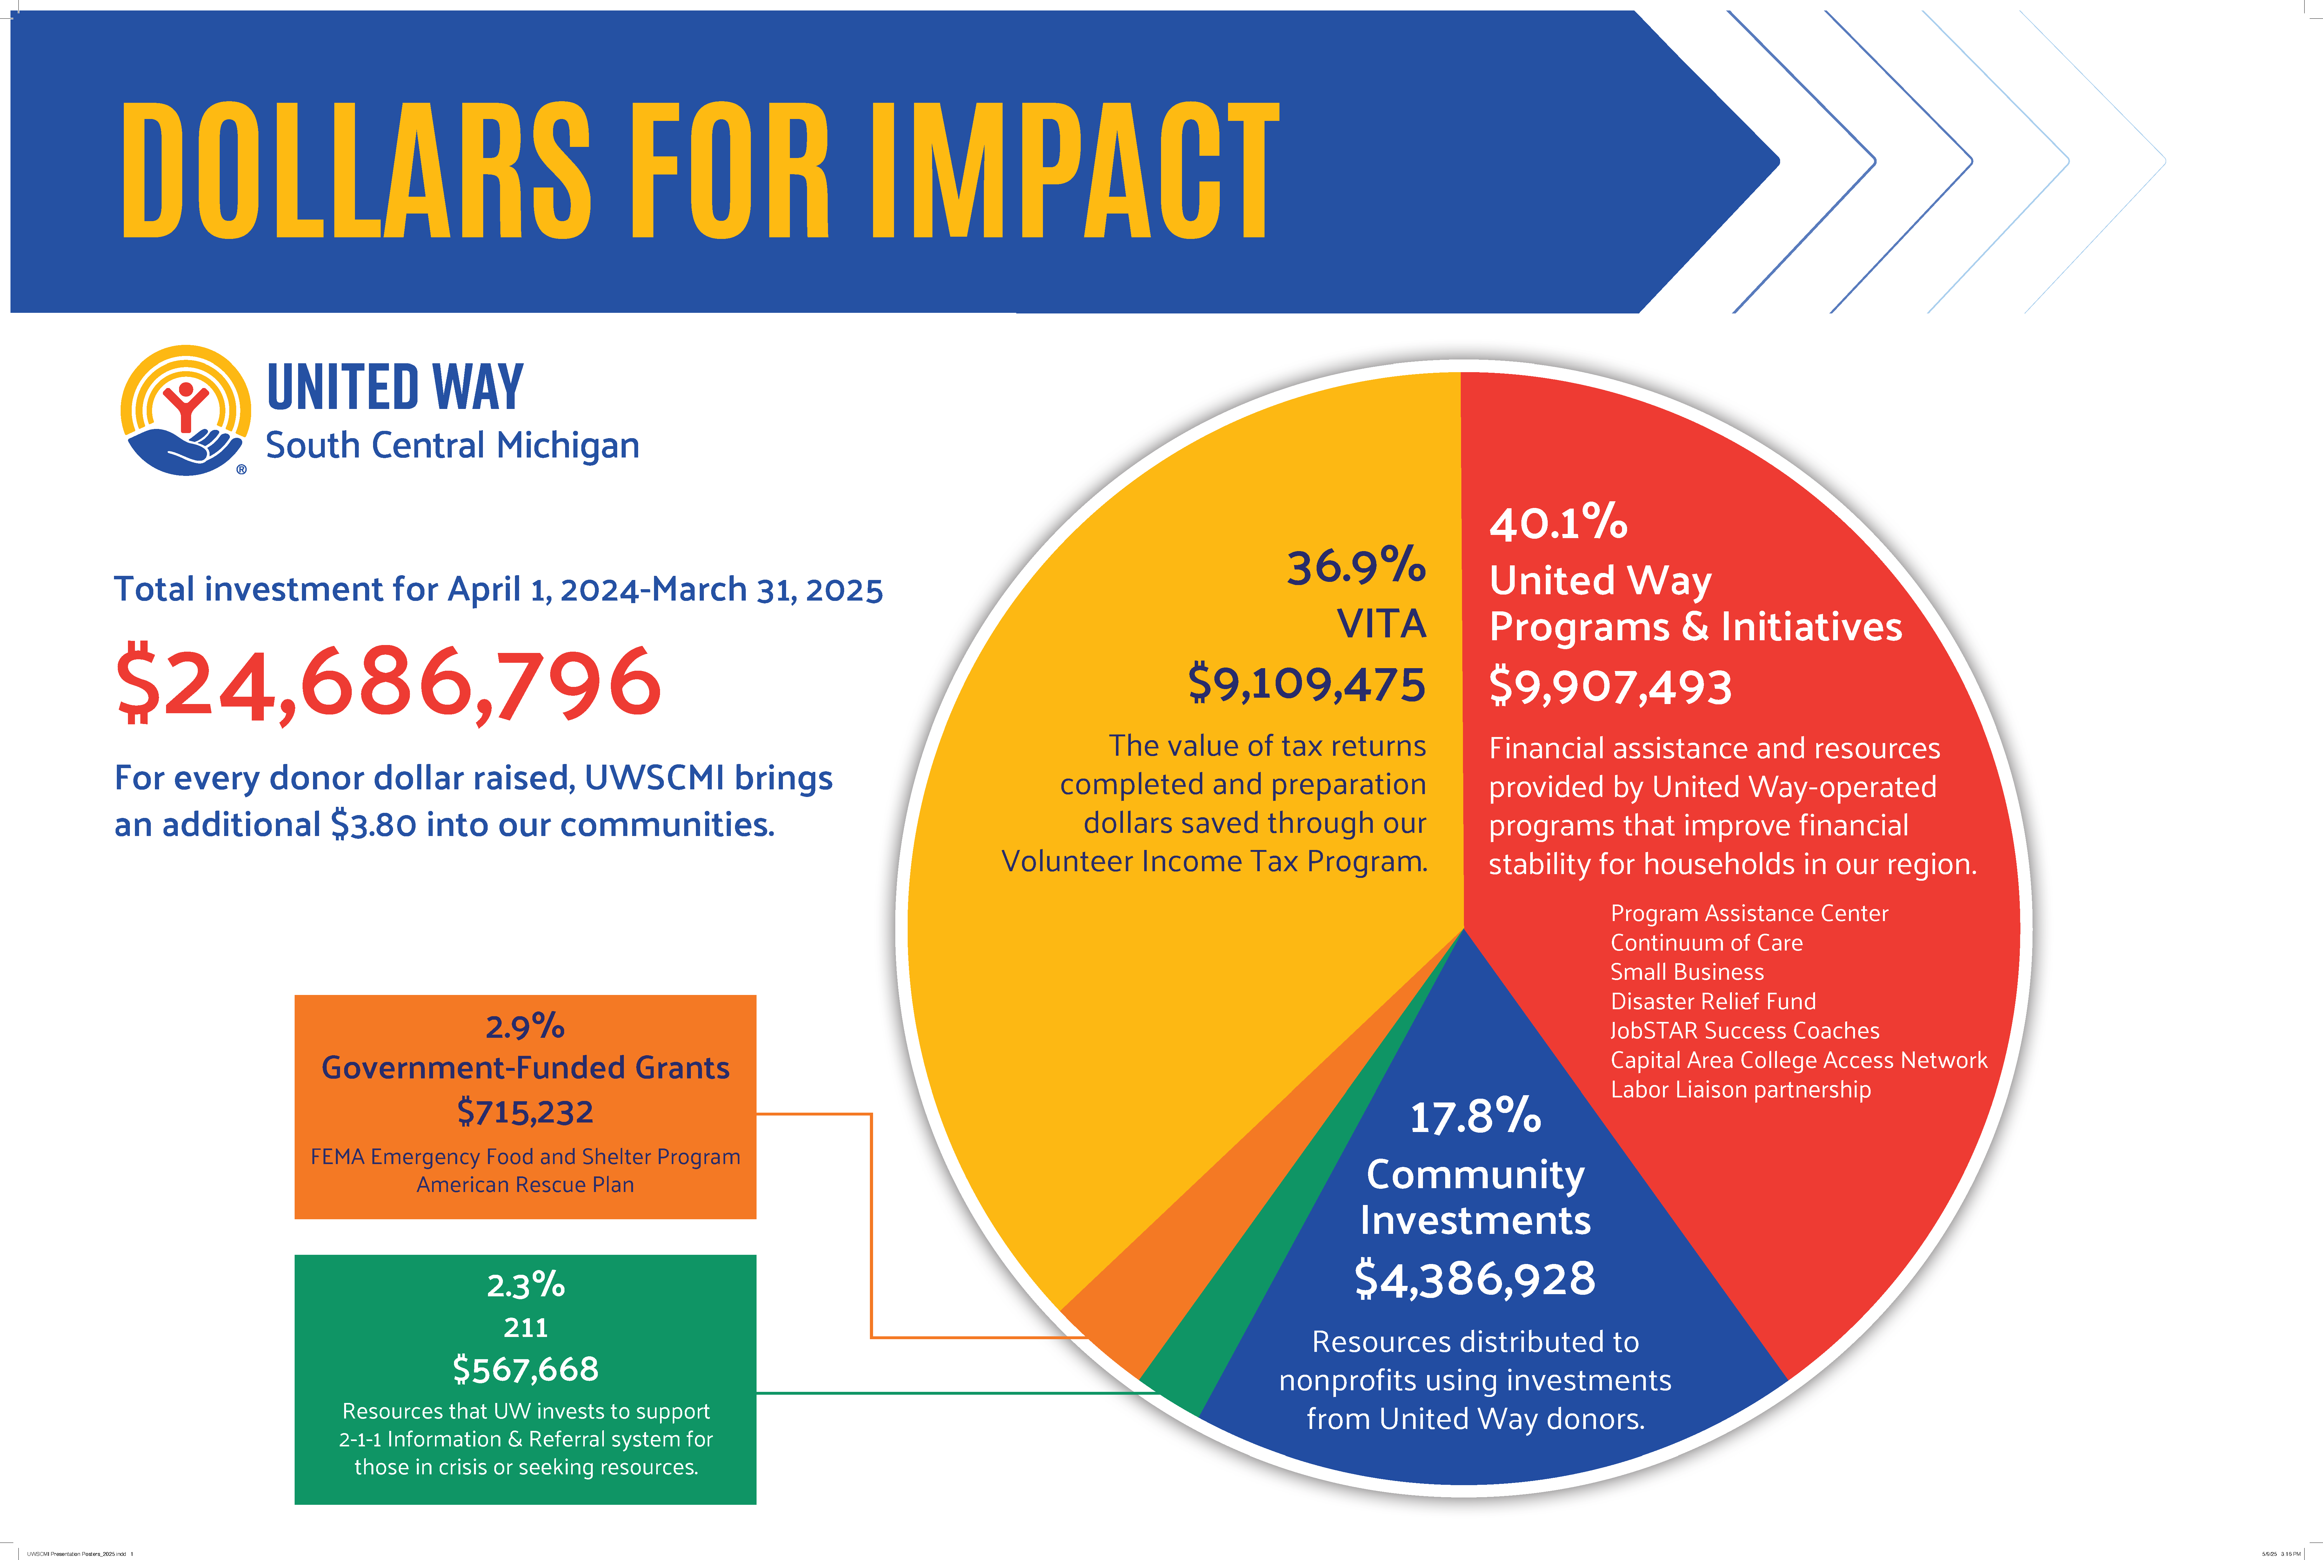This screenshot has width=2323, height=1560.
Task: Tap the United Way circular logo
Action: pyautogui.click(x=185, y=410)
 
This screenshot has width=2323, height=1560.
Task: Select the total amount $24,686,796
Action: pyautogui.click(x=388, y=683)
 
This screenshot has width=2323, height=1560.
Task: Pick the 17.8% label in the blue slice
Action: pyautogui.click(x=1475, y=1116)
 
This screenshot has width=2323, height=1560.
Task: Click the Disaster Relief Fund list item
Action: pyautogui.click(x=1713, y=1001)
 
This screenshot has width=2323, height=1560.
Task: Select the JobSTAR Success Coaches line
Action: pyautogui.click(x=1745, y=1031)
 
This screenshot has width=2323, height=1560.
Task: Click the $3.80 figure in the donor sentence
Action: pyautogui.click(x=373, y=825)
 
